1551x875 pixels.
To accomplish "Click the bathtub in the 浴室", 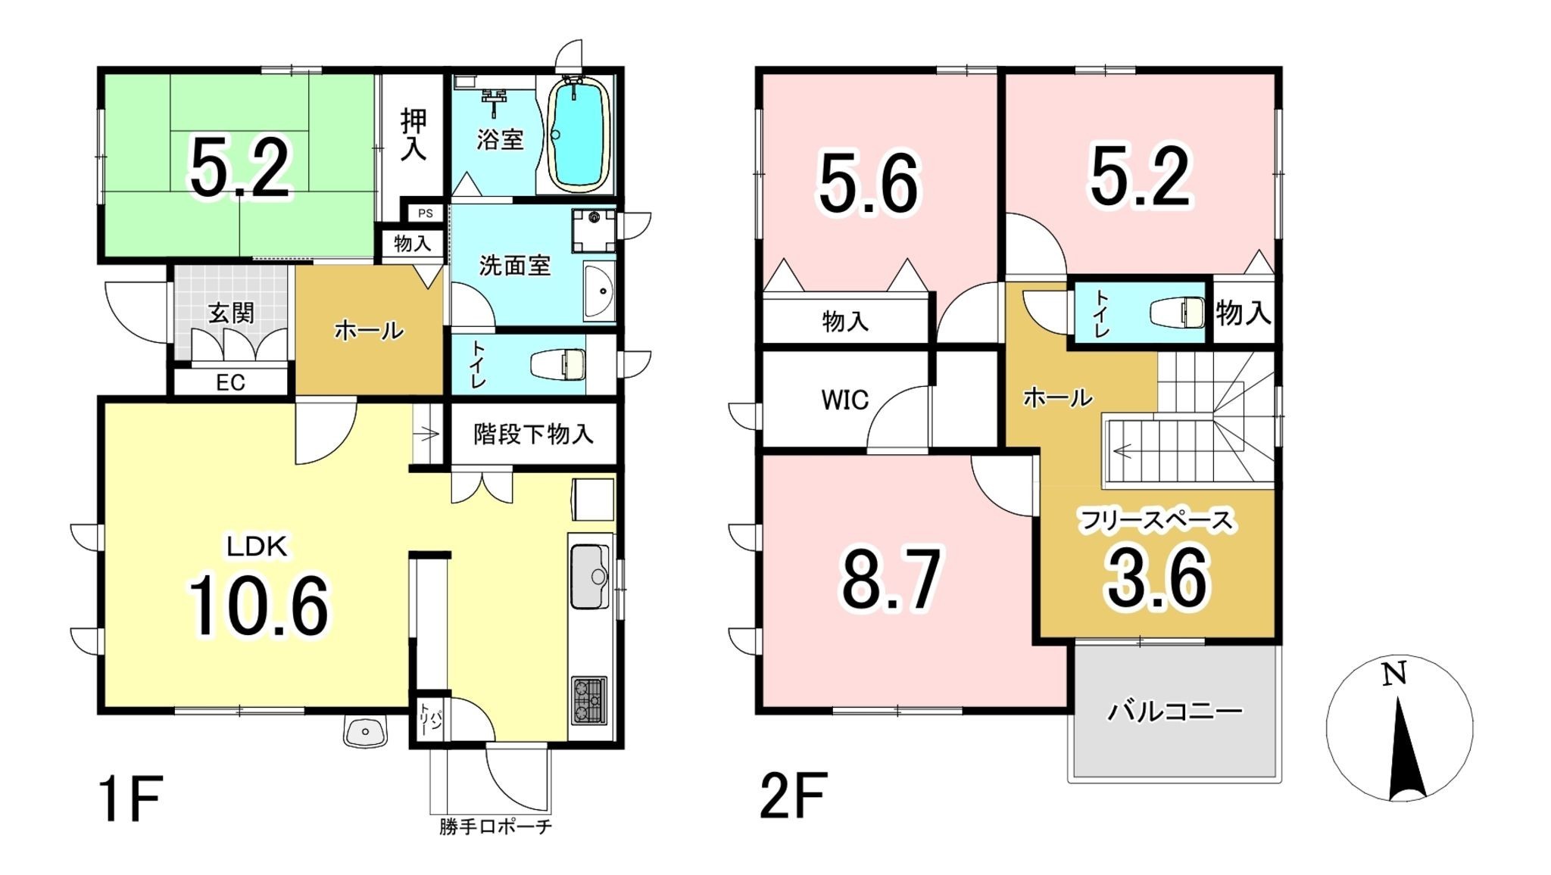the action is (579, 135).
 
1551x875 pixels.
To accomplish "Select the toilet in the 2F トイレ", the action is (1177, 313).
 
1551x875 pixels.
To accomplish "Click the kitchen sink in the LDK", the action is (589, 576).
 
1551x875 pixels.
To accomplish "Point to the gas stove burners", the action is (588, 700).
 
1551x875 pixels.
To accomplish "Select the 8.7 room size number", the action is (891, 580).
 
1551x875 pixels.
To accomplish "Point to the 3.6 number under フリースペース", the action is (1157, 580).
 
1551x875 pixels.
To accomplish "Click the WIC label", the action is (845, 400).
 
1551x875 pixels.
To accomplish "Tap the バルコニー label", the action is (1175, 712).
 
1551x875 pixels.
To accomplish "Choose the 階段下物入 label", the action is (533, 434).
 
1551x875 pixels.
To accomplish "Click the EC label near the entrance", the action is (230, 382).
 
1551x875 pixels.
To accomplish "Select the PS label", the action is (426, 213).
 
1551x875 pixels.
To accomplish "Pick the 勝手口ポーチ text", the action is (495, 827).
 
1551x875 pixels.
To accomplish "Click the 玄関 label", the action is (231, 313).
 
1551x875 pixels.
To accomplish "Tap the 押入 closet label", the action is (413, 134).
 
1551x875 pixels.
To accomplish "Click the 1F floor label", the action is (131, 797).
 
